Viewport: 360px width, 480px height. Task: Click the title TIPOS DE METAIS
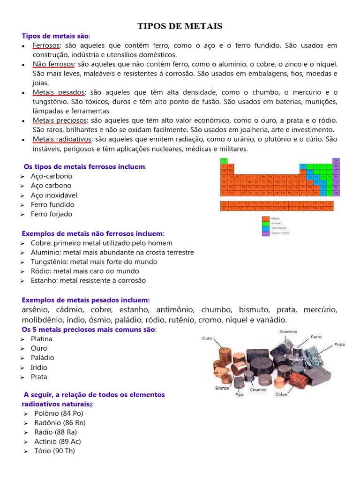[x=180, y=26]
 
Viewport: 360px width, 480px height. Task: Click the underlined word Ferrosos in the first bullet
[x=46, y=45]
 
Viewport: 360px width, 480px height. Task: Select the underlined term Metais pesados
[x=58, y=92]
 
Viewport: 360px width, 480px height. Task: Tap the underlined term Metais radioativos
[x=62, y=139]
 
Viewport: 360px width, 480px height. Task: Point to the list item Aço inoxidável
[x=54, y=195]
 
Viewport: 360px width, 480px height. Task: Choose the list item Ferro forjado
[x=52, y=214]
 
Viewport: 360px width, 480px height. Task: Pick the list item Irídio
[x=39, y=367]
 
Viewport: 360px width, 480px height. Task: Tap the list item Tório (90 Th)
[x=54, y=450]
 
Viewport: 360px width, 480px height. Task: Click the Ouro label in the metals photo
[x=208, y=337]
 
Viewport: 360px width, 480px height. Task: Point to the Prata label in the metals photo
[x=339, y=344]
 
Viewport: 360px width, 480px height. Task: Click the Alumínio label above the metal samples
[x=288, y=331]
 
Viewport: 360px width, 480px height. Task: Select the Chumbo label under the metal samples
[x=258, y=390]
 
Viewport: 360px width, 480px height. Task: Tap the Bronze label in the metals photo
[x=222, y=388]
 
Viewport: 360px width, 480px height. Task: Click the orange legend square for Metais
[x=265, y=218]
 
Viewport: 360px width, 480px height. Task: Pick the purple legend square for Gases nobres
[x=265, y=233]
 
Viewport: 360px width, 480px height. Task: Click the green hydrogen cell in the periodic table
[x=224, y=160]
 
